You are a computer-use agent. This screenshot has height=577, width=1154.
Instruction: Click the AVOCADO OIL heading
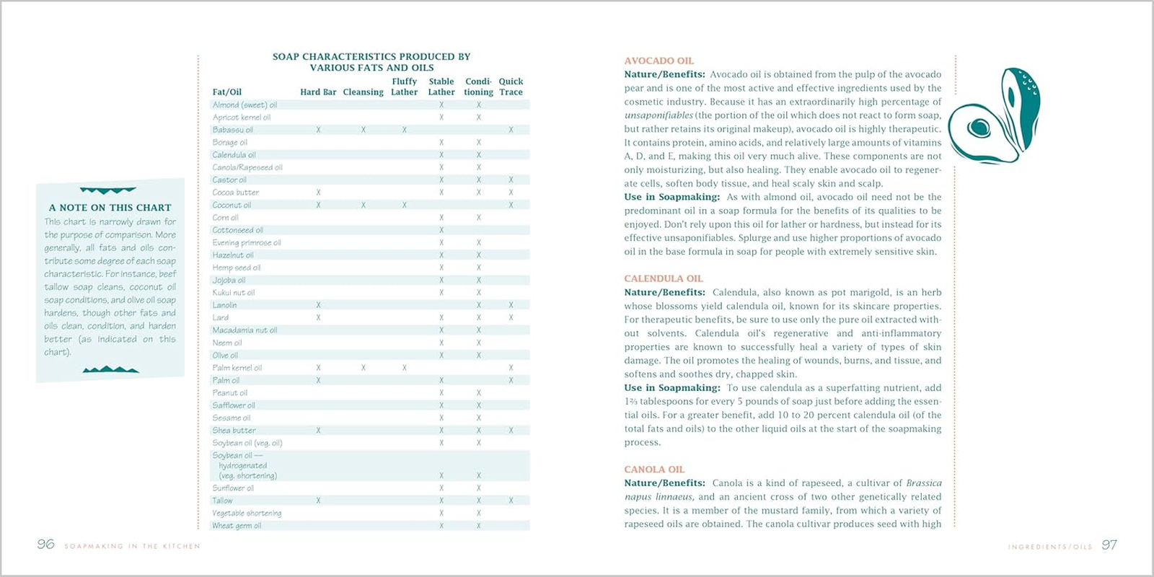(x=659, y=61)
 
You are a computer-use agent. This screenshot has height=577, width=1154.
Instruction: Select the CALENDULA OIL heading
(x=663, y=278)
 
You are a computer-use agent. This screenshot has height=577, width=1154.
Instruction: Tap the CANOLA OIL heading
(x=654, y=470)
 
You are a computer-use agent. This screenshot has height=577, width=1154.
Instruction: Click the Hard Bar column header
(x=318, y=92)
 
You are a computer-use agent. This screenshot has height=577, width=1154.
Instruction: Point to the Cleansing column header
(x=363, y=92)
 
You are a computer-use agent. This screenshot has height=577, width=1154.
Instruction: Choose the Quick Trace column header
(x=511, y=87)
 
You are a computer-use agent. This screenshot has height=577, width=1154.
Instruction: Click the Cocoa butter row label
(x=235, y=193)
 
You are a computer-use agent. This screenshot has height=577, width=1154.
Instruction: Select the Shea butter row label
(x=234, y=431)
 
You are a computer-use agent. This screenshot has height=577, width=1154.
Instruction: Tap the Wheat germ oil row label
(x=237, y=526)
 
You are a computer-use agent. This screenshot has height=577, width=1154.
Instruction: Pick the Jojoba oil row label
(x=229, y=281)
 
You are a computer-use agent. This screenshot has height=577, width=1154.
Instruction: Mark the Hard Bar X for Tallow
(x=318, y=501)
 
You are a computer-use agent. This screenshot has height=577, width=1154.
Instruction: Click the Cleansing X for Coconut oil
(x=363, y=206)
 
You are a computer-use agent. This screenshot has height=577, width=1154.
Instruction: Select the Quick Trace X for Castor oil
(x=511, y=180)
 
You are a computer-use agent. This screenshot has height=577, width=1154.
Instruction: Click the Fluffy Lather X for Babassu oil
(x=404, y=131)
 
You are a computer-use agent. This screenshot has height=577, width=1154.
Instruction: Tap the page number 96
(x=45, y=545)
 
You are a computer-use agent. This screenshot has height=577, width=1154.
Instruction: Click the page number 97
(x=1109, y=545)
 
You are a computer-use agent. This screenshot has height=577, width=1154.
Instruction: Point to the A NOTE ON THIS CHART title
(x=110, y=208)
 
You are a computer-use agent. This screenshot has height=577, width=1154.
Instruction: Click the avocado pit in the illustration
(x=979, y=129)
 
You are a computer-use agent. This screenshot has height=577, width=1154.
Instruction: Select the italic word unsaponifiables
(x=659, y=115)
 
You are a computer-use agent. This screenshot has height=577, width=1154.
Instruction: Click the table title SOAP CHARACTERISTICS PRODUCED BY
(x=371, y=57)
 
